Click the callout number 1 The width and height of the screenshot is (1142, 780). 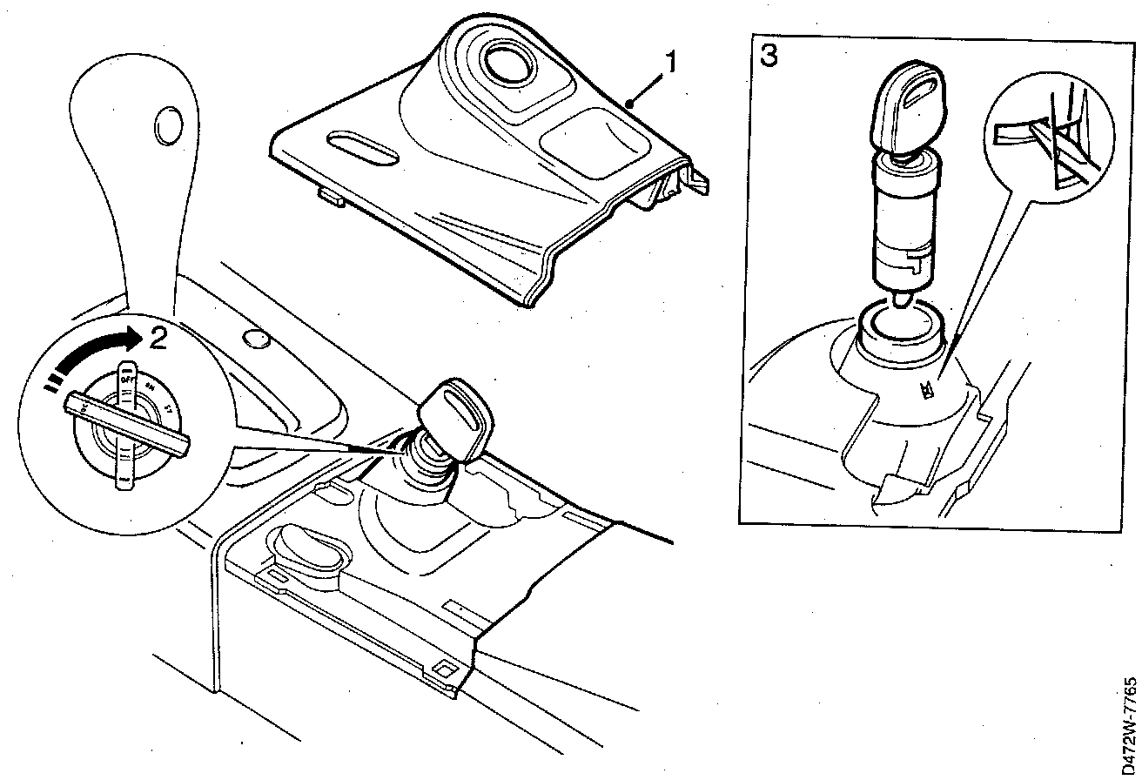[671, 62]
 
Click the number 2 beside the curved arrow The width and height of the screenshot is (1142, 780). [157, 338]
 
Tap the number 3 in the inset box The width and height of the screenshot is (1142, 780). [768, 55]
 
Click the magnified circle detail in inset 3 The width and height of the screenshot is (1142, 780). [1050, 139]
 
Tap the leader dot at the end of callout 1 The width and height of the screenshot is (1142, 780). [628, 104]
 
